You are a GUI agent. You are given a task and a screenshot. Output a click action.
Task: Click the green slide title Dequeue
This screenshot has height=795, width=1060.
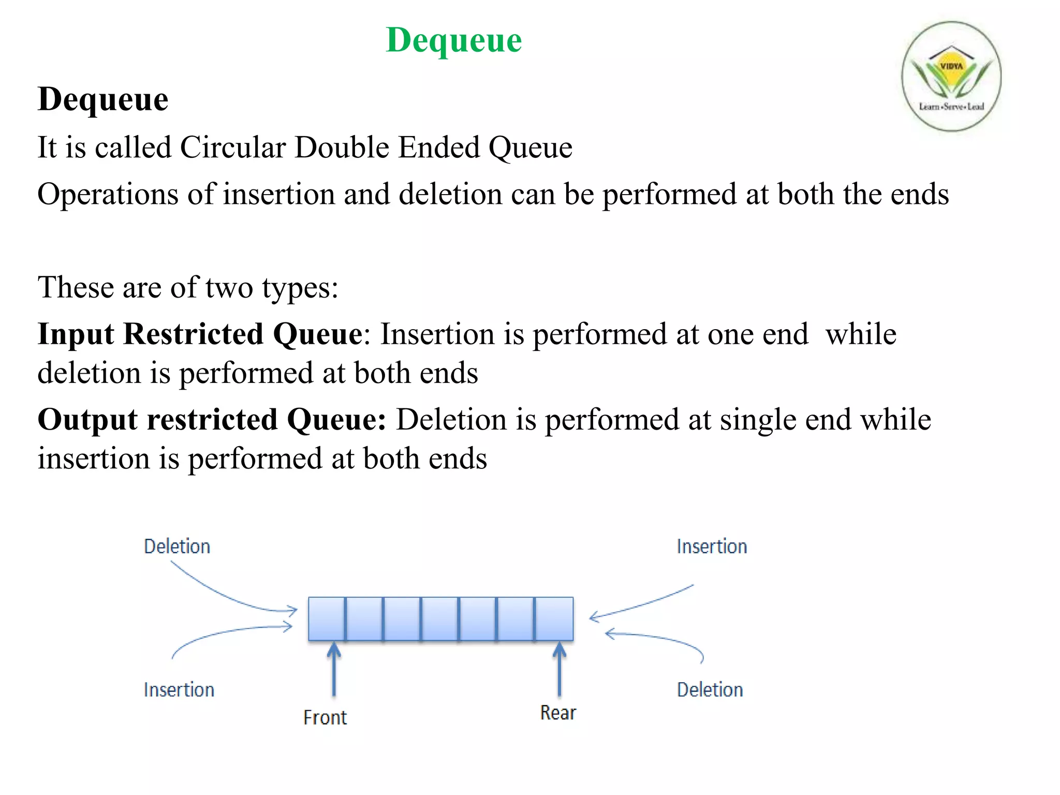tap(454, 40)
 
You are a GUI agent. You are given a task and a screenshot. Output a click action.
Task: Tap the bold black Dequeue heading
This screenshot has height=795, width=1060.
tap(103, 99)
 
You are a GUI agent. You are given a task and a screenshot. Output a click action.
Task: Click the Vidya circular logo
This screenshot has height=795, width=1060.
tap(951, 76)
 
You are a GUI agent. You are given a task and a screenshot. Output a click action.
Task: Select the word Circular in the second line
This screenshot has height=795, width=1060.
tap(233, 148)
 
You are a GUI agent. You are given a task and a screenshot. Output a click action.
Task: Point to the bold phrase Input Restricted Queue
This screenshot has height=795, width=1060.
tap(200, 334)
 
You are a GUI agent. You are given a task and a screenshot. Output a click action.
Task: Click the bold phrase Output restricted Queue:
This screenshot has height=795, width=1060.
tap(212, 419)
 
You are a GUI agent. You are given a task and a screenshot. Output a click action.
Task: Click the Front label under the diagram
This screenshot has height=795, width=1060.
tap(325, 717)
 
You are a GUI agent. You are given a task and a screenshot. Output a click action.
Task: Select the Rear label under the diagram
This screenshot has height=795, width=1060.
tap(558, 713)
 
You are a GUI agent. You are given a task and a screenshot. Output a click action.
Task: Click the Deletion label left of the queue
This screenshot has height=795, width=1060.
tap(177, 547)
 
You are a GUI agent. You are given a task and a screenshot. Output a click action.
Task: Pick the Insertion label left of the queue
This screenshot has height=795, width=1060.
tap(179, 690)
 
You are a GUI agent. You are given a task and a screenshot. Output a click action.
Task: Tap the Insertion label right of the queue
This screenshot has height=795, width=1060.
tap(712, 547)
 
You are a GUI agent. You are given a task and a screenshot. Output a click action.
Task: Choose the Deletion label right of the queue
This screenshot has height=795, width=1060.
tap(710, 690)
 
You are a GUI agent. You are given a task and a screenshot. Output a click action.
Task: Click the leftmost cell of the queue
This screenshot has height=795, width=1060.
tap(327, 619)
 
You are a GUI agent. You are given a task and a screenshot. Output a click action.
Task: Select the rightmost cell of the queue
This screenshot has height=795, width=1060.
tap(554, 619)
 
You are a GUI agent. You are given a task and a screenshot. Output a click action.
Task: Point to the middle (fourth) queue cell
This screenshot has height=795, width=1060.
tap(440, 619)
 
